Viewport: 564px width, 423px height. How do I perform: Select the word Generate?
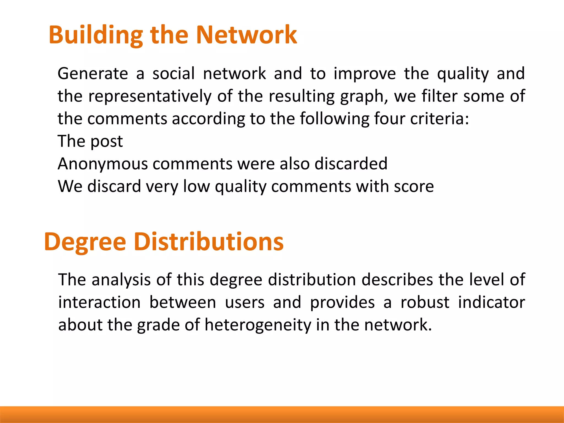click(93, 74)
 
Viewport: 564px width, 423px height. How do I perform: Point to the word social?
click(173, 74)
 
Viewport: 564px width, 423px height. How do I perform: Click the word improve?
click(365, 74)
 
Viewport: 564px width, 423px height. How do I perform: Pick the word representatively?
click(150, 96)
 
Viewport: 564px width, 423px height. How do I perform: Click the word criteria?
click(439, 119)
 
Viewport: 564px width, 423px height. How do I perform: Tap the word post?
click(107, 142)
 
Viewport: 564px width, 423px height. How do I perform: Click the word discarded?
click(351, 164)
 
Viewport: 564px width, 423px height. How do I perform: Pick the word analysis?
click(121, 280)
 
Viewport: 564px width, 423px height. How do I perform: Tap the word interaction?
click(99, 302)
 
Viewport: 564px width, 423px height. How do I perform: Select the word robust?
click(425, 302)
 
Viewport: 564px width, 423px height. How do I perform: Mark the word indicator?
click(492, 302)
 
